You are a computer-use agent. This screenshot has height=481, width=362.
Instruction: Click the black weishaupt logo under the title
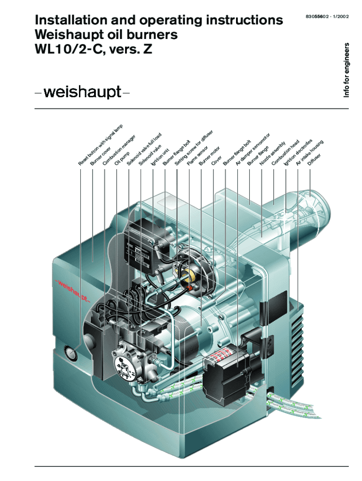pyautogui.click(x=82, y=92)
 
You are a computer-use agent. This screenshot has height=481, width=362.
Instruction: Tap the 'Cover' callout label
pyautogui.click(x=216, y=160)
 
